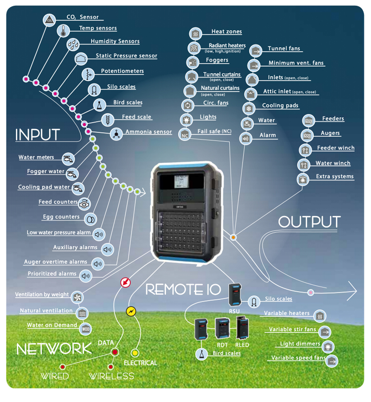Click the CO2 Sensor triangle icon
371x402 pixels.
(50, 19)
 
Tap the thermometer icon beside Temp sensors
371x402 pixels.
(63, 31)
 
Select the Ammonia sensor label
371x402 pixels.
(148, 132)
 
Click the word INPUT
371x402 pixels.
(38, 135)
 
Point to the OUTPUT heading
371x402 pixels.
(309, 222)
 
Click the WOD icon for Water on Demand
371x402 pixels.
(86, 328)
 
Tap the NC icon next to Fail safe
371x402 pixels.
(185, 134)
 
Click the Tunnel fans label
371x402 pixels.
(284, 49)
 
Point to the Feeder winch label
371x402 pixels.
(335, 148)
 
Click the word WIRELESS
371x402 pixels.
(111, 376)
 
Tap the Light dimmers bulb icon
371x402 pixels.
(328, 346)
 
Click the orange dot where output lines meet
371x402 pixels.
(233, 237)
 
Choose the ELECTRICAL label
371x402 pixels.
(141, 363)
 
